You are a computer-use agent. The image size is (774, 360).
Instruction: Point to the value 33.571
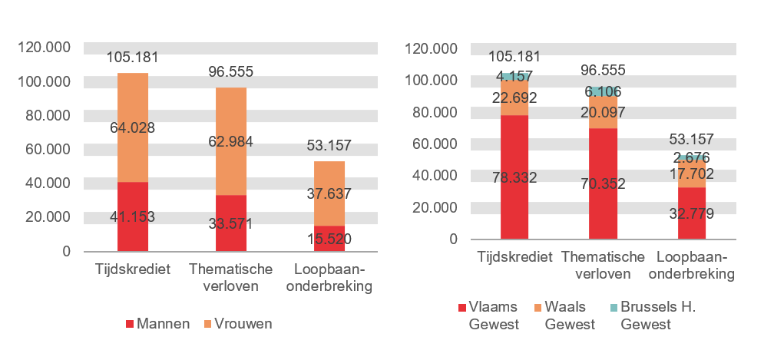click(230, 224)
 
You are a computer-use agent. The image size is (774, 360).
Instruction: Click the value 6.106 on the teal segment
click(603, 91)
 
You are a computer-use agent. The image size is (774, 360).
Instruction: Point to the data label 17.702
click(691, 174)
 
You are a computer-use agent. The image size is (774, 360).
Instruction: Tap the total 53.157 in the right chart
click(691, 139)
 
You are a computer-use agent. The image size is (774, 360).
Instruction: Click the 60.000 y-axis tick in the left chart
click(44, 149)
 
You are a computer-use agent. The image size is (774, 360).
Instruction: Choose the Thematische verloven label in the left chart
click(231, 278)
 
